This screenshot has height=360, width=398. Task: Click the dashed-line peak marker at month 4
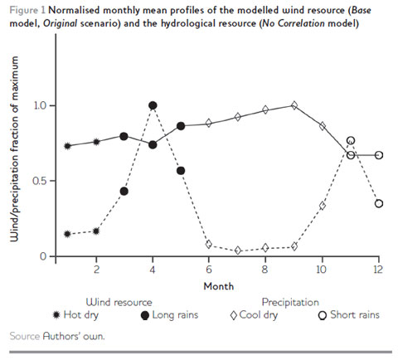tap(153, 105)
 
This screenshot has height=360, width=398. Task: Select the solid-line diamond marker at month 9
tap(294, 105)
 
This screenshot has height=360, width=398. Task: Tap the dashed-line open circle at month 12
tap(379, 203)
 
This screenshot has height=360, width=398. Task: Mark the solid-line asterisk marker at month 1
tap(67, 146)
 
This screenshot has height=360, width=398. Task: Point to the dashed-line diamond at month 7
tap(238, 250)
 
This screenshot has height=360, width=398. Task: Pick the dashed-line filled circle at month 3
tap(124, 191)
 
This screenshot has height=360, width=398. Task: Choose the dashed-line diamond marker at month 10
tap(323, 205)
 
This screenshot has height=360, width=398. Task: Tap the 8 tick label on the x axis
tap(265, 270)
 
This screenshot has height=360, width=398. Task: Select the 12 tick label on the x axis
tap(379, 270)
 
